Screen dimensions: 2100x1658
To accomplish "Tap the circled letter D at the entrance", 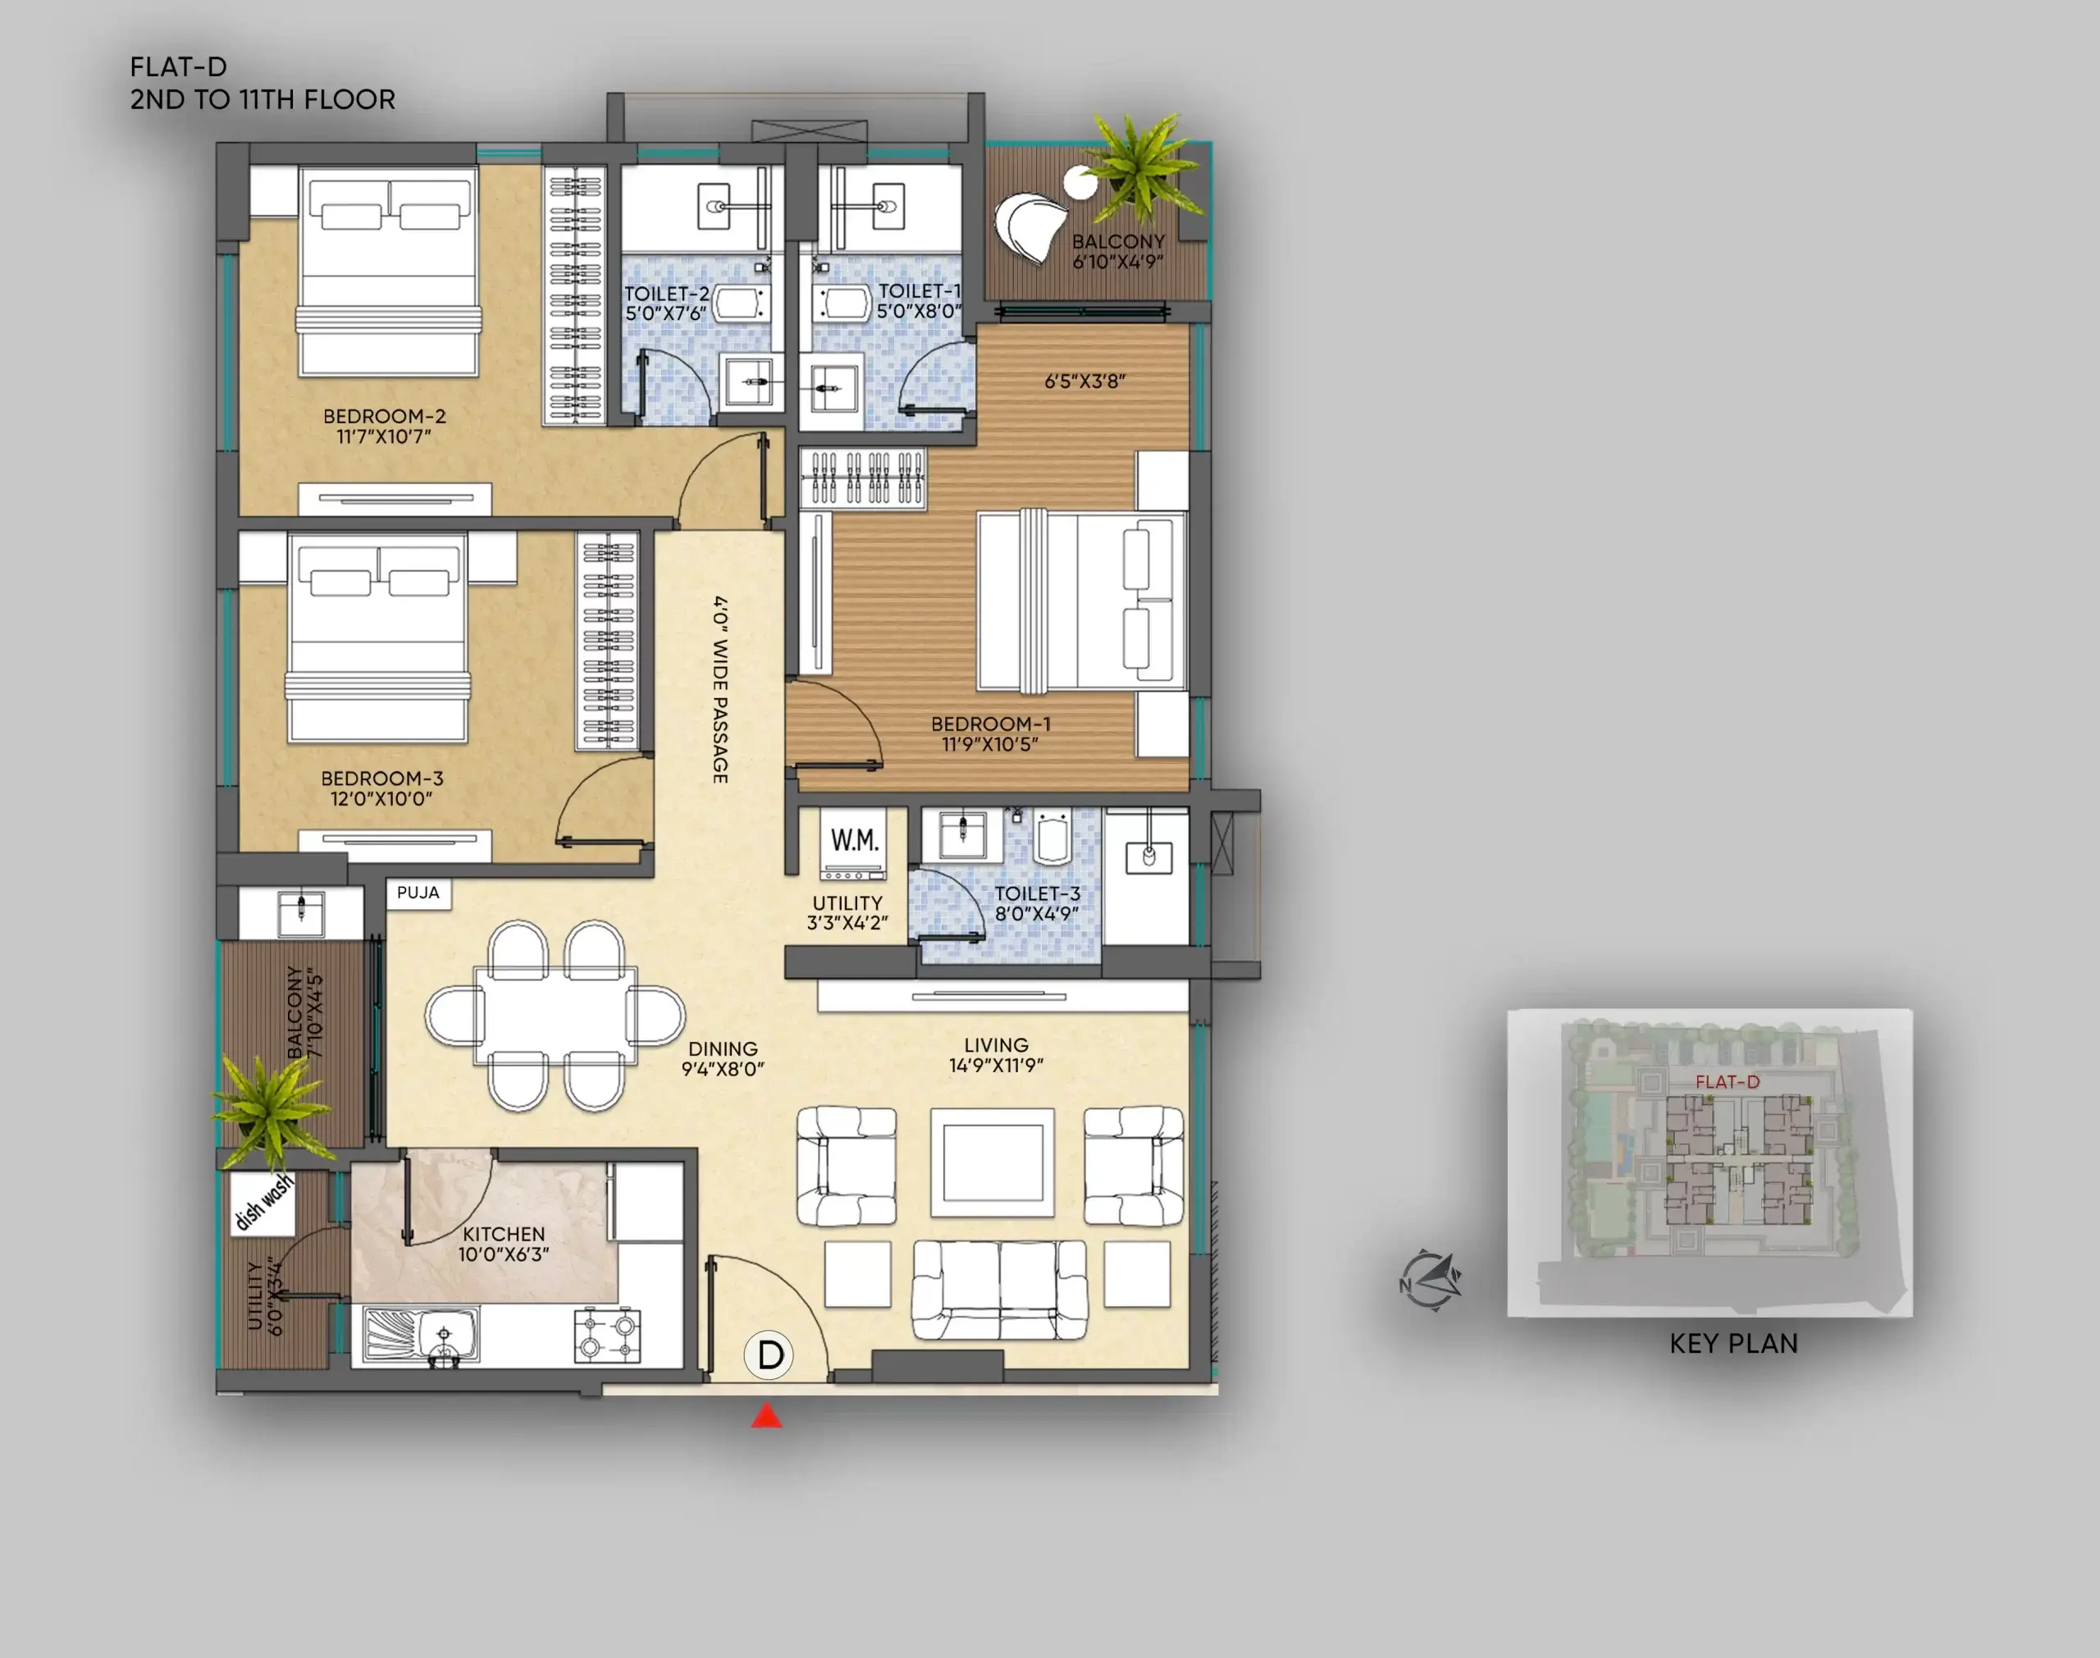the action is pos(769,1355).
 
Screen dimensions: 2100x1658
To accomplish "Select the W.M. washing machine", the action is pos(854,843).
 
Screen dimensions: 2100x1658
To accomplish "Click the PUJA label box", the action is pos(418,893).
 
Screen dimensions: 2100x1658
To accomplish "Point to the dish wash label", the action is pos(263,1203).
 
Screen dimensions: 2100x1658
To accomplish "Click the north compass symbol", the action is pos(1431,1281).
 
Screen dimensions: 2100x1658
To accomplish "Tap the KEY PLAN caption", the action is pos(1733,1344).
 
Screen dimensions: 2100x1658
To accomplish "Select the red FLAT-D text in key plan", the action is pos(1728,1081).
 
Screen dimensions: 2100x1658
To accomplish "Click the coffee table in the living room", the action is pos(993,1163).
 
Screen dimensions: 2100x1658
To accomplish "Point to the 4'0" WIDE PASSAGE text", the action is pos(720,689).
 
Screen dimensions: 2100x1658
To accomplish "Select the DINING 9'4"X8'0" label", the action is pos(723,1059).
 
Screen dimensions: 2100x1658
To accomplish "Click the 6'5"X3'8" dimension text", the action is pos(1085,381).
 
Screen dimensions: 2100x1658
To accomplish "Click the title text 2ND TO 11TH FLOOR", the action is pos(263,100).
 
